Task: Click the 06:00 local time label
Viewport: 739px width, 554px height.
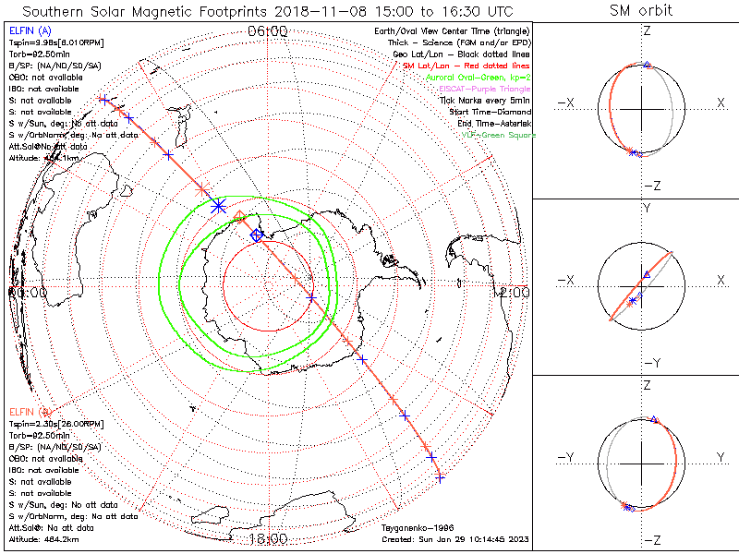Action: pos(269,31)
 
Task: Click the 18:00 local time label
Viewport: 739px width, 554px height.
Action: pos(269,538)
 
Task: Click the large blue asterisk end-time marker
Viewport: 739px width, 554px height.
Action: pos(219,206)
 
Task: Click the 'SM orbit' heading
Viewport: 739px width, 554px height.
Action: pos(641,11)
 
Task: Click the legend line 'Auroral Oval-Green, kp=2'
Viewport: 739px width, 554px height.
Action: pos(478,78)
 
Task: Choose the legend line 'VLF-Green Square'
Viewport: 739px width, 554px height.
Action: pos(499,135)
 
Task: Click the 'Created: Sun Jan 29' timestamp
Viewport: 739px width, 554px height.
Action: pos(454,538)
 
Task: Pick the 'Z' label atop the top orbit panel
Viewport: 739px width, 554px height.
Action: pos(647,31)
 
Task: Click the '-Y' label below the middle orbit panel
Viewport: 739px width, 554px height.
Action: pos(647,363)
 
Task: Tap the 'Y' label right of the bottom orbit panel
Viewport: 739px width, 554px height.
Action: pos(720,457)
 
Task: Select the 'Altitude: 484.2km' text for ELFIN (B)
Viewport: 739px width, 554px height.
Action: pos(44,538)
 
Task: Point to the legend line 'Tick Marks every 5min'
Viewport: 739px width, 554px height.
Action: pos(484,100)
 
